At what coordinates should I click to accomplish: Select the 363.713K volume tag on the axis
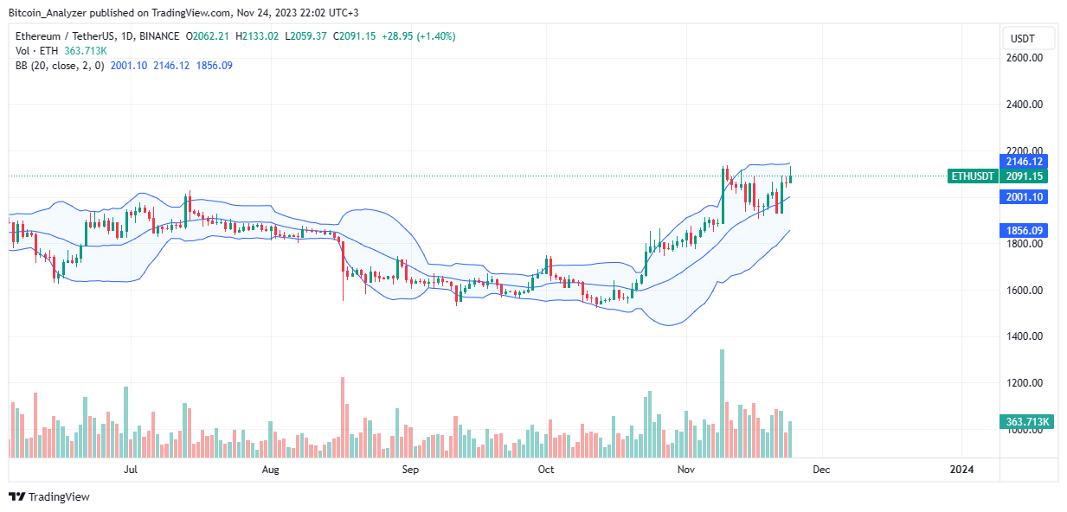(1028, 422)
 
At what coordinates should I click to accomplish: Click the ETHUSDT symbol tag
(974, 176)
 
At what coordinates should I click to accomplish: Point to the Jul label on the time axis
(131, 470)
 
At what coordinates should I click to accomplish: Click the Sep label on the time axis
(410, 470)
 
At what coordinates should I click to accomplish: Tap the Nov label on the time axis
(686, 470)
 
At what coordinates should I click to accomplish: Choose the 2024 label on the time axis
(961, 470)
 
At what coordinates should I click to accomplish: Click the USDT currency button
(1029, 38)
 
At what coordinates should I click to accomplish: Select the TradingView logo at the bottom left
(49, 497)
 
